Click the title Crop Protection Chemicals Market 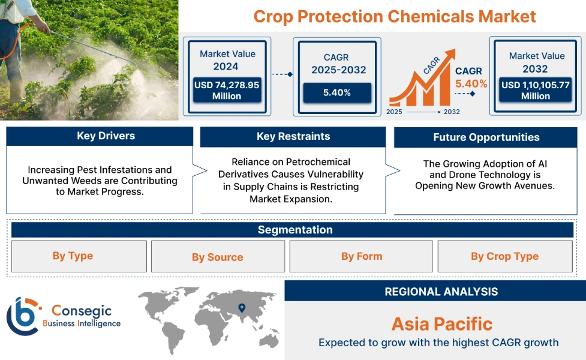tap(395, 16)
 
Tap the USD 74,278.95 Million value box tap(227, 91)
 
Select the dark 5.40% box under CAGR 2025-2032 tap(336, 92)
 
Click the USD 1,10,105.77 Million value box tap(536, 90)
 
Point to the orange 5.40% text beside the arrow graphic tap(471, 84)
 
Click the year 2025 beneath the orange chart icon tap(394, 112)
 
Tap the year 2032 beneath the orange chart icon tap(452, 112)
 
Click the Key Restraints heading tap(293, 136)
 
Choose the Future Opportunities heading tap(486, 137)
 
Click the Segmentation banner tap(294, 230)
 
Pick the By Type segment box tap(73, 256)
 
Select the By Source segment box tap(217, 257)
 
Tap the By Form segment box tap(361, 256)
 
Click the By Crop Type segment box tap(504, 256)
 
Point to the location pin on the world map tap(242, 308)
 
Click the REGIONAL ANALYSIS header tap(441, 292)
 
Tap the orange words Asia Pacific tap(441, 325)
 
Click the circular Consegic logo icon tap(22, 316)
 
